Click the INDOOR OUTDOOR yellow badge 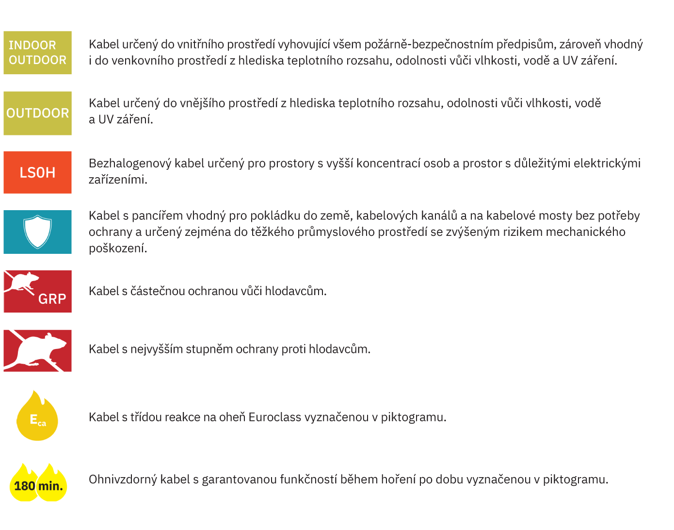point(37,52)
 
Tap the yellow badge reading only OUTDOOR point(37,113)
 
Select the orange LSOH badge point(37,172)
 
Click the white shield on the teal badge point(37,232)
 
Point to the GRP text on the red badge point(52,299)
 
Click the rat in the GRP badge point(22,282)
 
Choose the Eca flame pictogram point(37,417)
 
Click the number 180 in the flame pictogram point(24,486)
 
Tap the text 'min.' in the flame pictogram point(51,486)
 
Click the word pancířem point(157,216)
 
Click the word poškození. point(117,248)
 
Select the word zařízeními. point(117,180)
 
